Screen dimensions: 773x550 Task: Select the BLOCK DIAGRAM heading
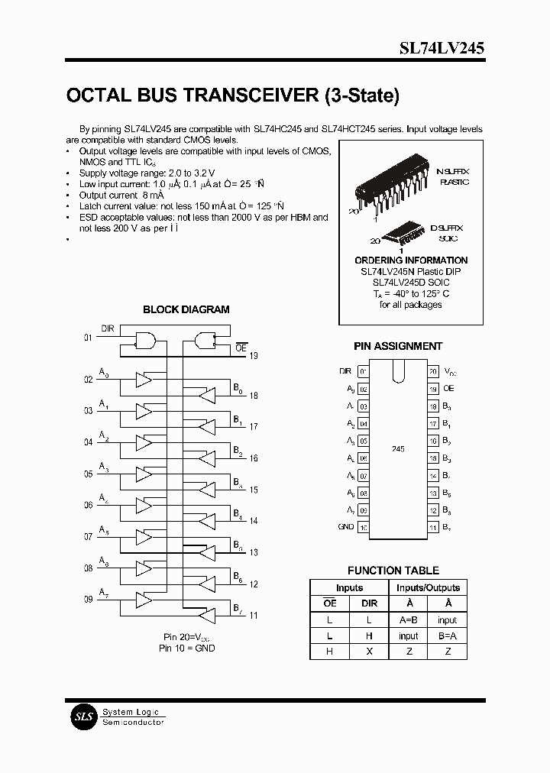coord(186,309)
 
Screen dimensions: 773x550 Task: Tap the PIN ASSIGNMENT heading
coord(398,346)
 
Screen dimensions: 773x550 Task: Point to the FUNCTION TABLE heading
coord(393,570)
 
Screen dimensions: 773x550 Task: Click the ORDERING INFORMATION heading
coord(411,260)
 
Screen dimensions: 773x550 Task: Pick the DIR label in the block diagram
coord(108,328)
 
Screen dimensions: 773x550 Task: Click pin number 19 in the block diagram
coord(254,355)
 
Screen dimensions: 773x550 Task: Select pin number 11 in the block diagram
coord(254,615)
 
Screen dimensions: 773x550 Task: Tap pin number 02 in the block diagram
coord(88,379)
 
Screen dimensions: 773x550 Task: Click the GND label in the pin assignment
coord(346,527)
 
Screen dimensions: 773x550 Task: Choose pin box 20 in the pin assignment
coord(433,371)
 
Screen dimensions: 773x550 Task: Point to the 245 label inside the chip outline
coord(397,449)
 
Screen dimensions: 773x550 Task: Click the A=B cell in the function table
coord(408,620)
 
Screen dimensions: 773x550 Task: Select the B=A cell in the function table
coord(447,636)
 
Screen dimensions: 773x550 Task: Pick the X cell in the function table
coord(369,652)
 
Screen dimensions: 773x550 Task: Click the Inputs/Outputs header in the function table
coord(428,587)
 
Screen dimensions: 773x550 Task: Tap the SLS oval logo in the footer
coord(80,716)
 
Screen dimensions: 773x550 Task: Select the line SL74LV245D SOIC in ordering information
coord(411,283)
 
